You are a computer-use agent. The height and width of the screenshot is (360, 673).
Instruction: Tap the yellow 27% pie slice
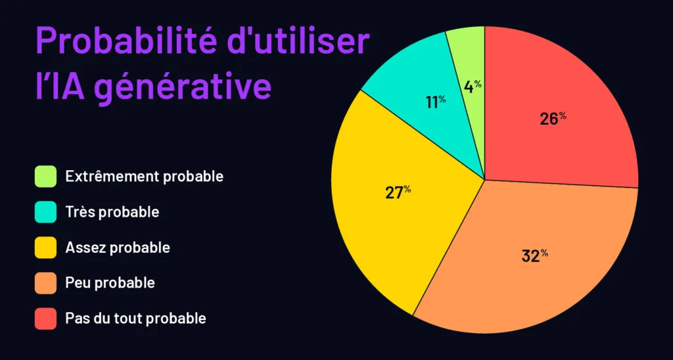[x=399, y=193]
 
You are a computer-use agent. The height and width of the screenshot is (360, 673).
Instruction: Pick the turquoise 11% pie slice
[x=429, y=99]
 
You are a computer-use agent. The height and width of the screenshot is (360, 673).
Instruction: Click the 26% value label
[x=553, y=118]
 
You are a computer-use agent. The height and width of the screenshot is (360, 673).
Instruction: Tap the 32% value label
[x=535, y=256]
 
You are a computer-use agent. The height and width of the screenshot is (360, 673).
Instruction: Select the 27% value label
[x=398, y=192]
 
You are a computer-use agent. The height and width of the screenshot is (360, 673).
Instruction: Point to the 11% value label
[x=436, y=102]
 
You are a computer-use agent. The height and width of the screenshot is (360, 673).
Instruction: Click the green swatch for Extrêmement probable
[x=45, y=176]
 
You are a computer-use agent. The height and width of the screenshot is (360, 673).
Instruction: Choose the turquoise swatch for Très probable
[x=45, y=212]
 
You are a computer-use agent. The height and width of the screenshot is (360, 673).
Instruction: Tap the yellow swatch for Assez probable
[x=45, y=248]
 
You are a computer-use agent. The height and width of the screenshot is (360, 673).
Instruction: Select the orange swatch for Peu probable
[x=45, y=283]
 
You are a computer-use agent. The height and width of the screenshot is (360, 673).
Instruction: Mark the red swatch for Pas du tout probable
[x=45, y=319]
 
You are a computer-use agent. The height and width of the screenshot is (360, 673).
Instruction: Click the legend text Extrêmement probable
[x=144, y=177]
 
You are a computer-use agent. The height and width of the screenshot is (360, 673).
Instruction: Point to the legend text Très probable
[x=112, y=212]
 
